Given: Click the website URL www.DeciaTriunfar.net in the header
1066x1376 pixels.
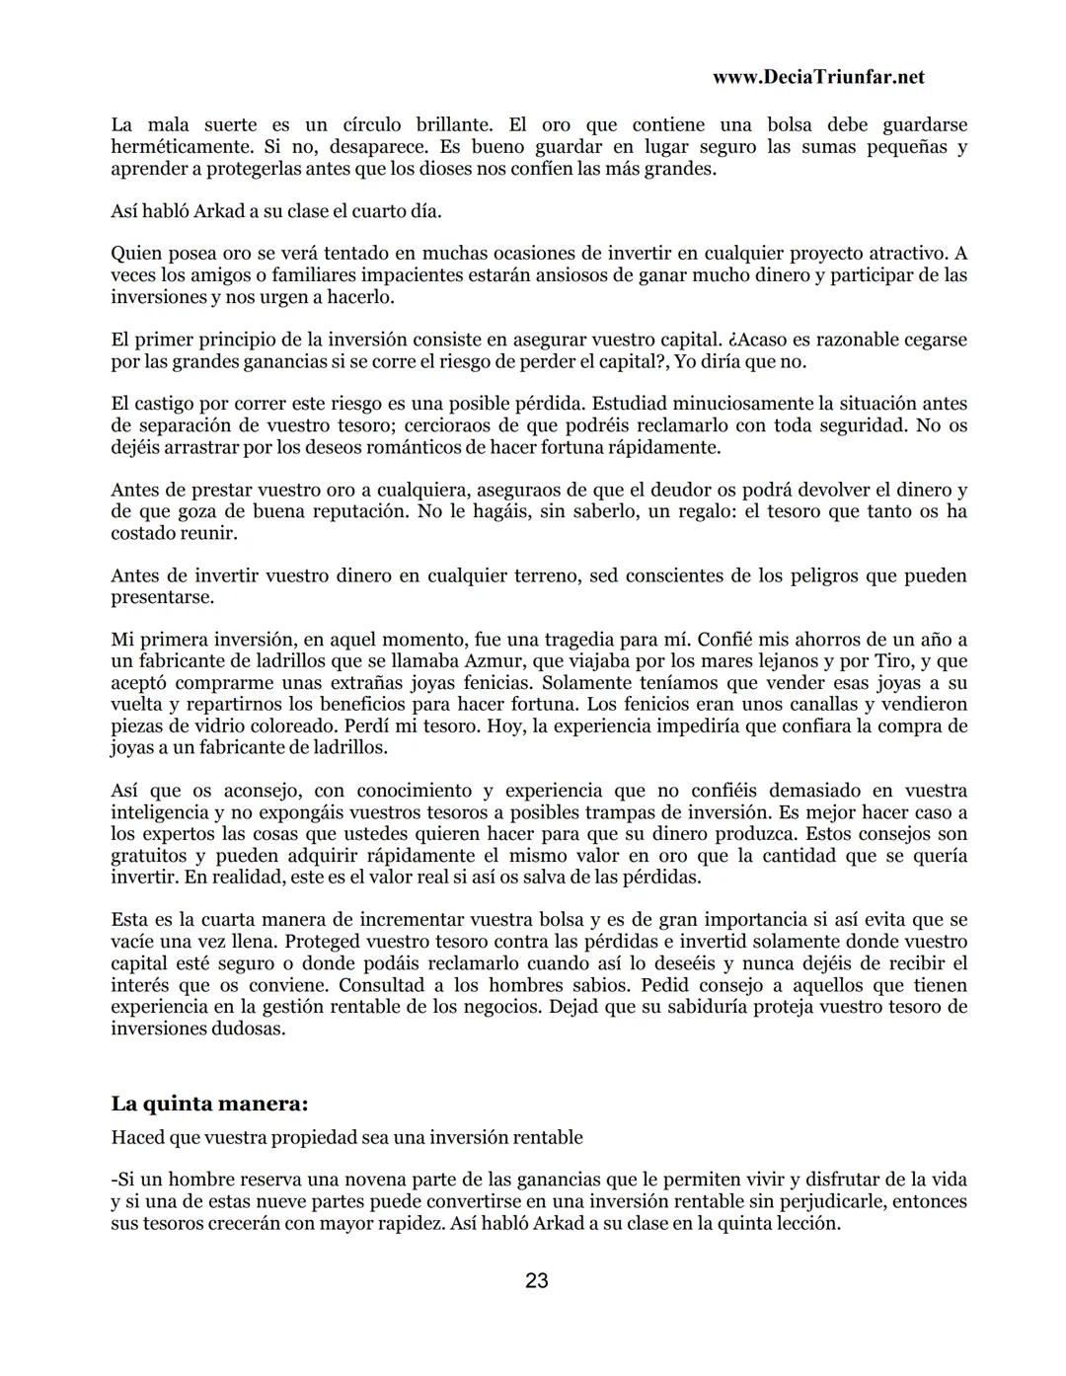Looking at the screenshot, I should (x=817, y=77).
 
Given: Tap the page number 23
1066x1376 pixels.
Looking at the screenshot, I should (x=537, y=1281).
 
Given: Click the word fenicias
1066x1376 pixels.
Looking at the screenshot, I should (x=513, y=683).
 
